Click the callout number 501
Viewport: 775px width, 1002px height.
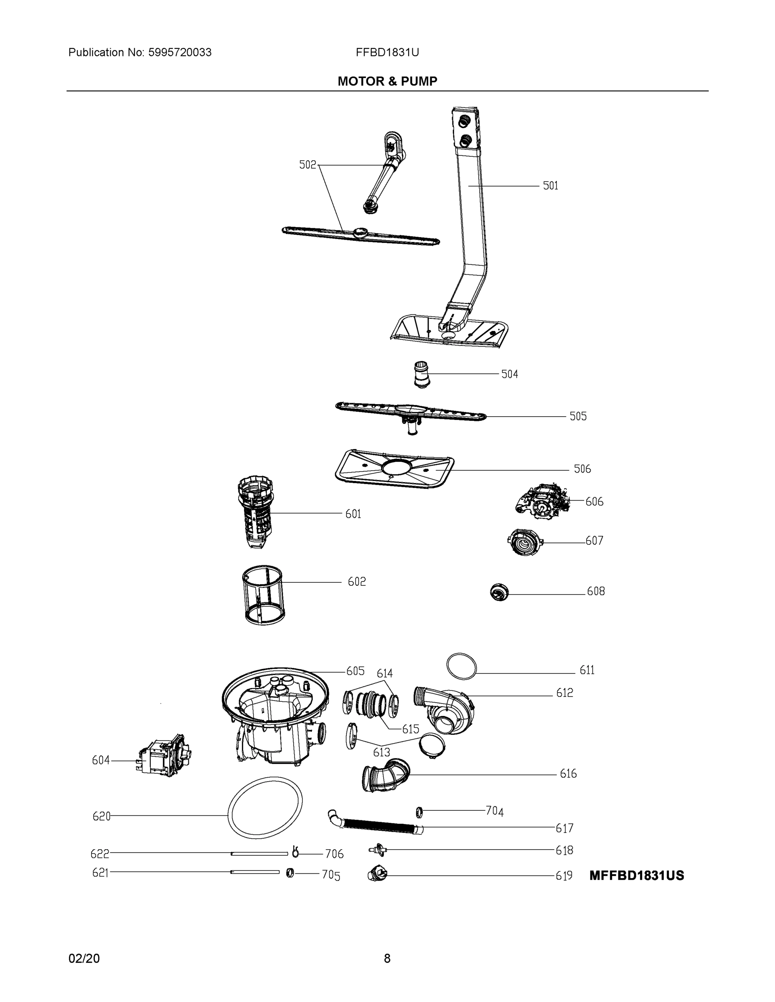coord(550,186)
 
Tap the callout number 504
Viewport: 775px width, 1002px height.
coord(509,374)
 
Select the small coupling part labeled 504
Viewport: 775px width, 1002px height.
coord(421,374)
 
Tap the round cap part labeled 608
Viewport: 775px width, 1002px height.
coord(499,592)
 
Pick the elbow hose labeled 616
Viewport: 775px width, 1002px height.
coord(386,776)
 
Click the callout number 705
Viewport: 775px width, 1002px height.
coord(330,875)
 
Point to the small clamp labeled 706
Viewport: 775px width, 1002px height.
coord(295,852)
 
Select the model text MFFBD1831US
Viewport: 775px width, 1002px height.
coord(636,875)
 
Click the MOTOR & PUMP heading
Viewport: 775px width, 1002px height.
coord(387,81)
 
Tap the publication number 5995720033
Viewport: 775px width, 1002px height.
coord(180,53)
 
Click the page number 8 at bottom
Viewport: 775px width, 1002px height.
coord(387,959)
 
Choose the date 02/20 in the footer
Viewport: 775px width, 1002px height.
coord(84,959)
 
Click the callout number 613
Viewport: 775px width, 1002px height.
coord(381,752)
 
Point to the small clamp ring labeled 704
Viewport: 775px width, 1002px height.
coord(419,812)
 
